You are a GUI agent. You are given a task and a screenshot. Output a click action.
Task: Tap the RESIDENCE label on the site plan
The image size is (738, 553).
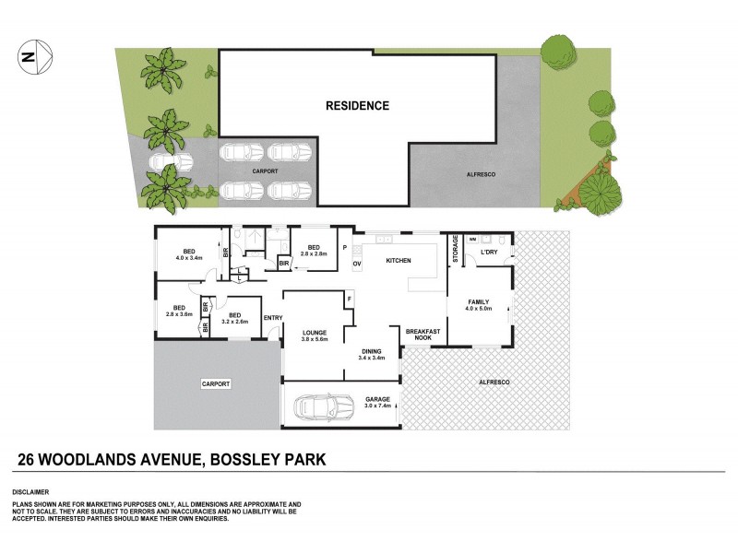click(x=357, y=106)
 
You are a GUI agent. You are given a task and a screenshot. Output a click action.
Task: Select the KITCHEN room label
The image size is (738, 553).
click(x=398, y=262)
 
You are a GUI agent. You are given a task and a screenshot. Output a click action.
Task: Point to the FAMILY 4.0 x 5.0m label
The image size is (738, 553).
click(x=479, y=305)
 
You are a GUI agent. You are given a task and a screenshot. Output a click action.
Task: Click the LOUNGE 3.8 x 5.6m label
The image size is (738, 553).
click(x=315, y=335)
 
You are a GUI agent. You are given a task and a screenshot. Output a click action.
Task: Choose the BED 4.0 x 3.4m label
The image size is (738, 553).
click(x=188, y=255)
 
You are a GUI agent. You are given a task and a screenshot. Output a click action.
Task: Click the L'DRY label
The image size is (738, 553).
click(x=489, y=252)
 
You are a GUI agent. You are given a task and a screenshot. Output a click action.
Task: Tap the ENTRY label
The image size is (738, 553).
click(x=272, y=318)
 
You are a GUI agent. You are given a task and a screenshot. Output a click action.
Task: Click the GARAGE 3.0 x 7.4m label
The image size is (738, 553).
click(x=377, y=404)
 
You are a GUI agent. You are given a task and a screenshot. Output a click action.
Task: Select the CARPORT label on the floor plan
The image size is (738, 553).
click(x=216, y=383)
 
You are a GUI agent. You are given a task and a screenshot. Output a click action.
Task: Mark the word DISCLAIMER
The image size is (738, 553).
click(x=30, y=492)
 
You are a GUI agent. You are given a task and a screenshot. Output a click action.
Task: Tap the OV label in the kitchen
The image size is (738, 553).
click(x=357, y=265)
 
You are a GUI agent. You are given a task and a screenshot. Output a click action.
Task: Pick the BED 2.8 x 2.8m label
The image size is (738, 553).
click(x=314, y=251)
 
